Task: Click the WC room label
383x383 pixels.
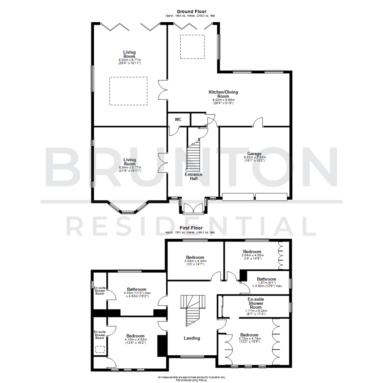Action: (x=178, y=120)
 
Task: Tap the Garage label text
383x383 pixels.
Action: (x=255, y=154)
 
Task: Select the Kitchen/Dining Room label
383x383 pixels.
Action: (x=223, y=94)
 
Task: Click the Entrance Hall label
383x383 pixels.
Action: (x=194, y=176)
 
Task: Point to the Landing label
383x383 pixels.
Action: (x=192, y=338)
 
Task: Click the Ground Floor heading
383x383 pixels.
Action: (x=191, y=12)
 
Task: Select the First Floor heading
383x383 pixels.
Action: (x=191, y=228)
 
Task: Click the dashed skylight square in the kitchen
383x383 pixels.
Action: (x=193, y=46)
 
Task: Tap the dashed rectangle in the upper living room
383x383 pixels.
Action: (x=128, y=91)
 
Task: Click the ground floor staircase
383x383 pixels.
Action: (x=194, y=156)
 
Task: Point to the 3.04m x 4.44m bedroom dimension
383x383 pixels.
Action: (x=195, y=261)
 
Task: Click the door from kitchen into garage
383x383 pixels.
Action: (x=258, y=123)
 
